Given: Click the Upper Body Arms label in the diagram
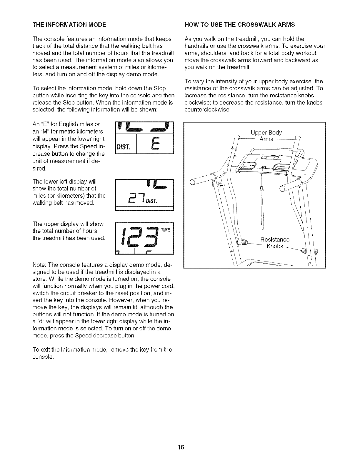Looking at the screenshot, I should point(266,136).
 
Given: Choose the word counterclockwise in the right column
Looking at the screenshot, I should point(207,110).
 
